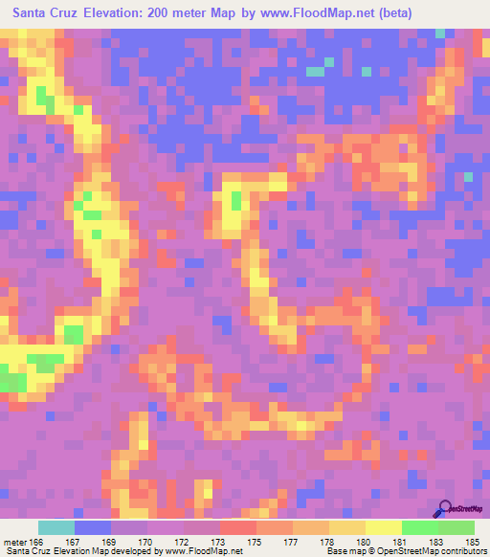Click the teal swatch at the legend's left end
click(x=56, y=527)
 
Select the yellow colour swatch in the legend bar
click(x=383, y=527)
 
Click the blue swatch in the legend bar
click(x=93, y=527)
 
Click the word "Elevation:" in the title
click(x=117, y=13)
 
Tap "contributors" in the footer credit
click(x=462, y=551)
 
